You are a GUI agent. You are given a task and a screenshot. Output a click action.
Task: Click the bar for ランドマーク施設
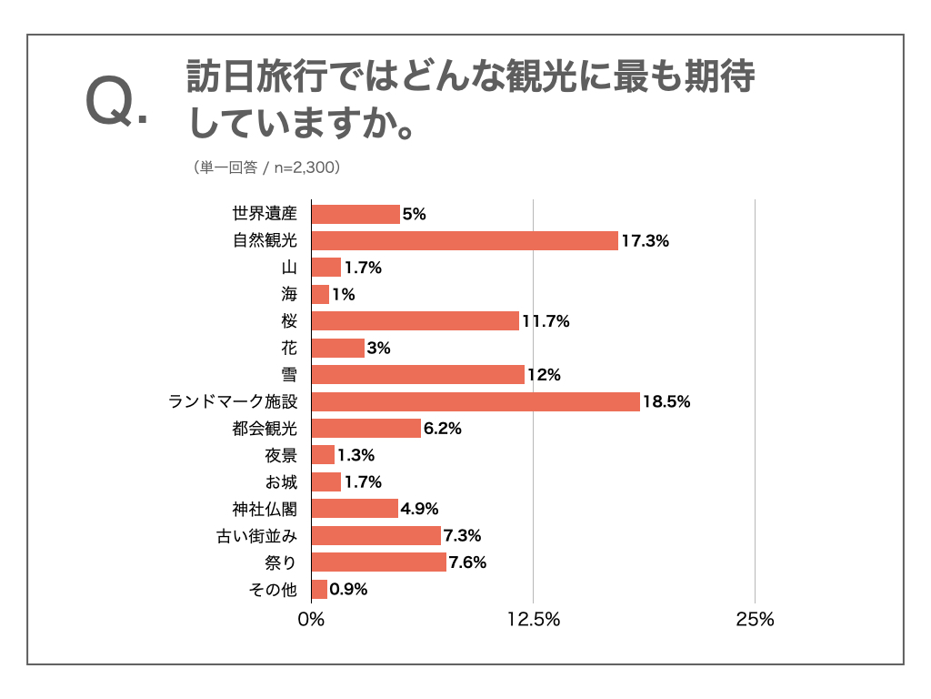(476, 401)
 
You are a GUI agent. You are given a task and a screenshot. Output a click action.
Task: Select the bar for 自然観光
(465, 240)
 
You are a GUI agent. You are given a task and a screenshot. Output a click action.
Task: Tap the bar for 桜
(415, 320)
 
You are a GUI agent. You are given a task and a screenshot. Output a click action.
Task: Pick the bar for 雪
(418, 374)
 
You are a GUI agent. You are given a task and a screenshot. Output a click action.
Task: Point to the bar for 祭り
(379, 562)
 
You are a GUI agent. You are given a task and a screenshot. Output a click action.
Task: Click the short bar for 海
(320, 294)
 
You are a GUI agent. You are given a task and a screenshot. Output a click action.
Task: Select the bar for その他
(319, 589)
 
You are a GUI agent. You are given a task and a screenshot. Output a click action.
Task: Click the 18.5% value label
(666, 401)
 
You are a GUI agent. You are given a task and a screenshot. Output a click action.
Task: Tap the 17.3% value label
(646, 241)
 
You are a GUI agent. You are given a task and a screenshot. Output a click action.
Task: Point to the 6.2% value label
(442, 429)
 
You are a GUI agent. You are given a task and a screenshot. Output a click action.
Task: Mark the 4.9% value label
(419, 509)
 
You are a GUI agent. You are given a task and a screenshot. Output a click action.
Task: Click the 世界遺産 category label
(265, 214)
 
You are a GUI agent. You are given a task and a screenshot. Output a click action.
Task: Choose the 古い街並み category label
(257, 536)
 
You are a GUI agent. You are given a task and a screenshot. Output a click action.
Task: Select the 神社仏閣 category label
(265, 509)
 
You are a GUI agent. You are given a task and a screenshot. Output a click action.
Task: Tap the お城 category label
(280, 482)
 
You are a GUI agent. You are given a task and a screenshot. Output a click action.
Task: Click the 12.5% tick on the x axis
(533, 620)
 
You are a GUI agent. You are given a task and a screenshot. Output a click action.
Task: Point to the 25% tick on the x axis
(755, 620)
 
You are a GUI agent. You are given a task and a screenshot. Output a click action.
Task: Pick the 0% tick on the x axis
(312, 620)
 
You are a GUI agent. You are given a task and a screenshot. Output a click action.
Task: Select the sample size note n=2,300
(301, 167)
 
